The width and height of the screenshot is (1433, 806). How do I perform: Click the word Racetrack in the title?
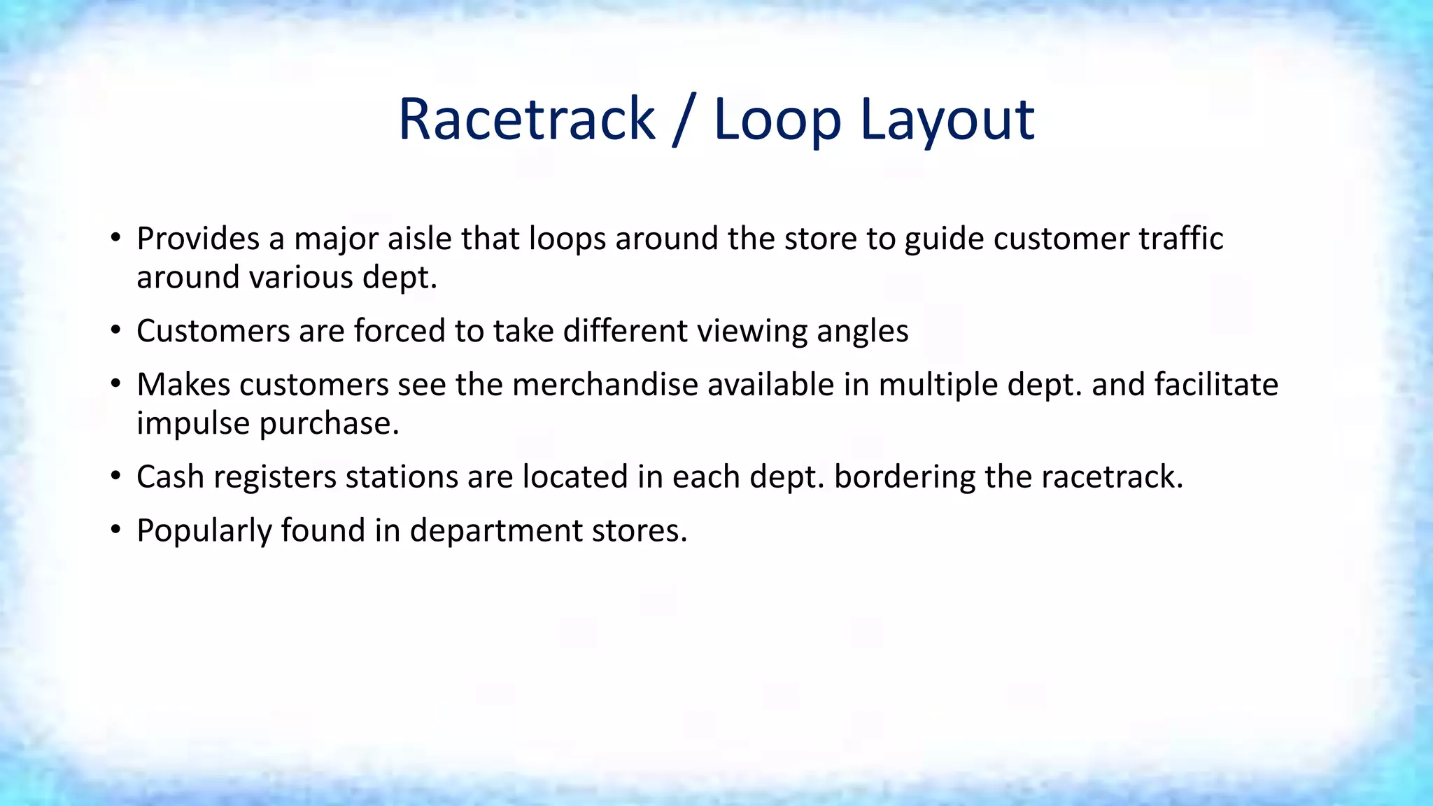pyautogui.click(x=526, y=120)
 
